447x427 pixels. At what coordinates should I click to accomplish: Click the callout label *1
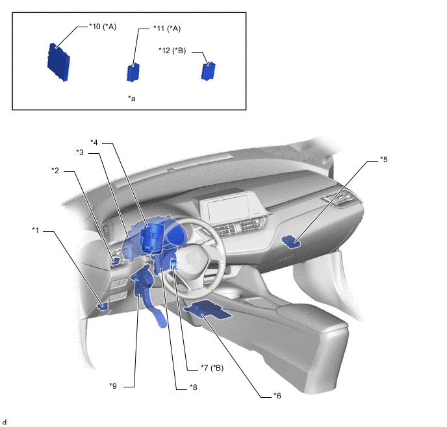[x=35, y=230]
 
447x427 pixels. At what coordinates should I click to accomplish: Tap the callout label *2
[x=55, y=171]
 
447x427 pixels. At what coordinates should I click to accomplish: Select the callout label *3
[x=80, y=152]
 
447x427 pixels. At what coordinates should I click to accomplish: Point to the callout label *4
[x=94, y=143]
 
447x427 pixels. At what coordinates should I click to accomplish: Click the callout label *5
[x=384, y=160]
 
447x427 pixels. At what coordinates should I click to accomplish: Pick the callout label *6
[x=277, y=396]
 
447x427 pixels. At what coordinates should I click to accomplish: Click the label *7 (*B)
[x=212, y=368]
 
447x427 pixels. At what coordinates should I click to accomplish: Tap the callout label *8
[x=193, y=387]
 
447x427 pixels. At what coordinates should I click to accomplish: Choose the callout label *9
[x=113, y=386]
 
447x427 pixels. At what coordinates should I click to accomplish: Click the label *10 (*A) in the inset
[x=103, y=27]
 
